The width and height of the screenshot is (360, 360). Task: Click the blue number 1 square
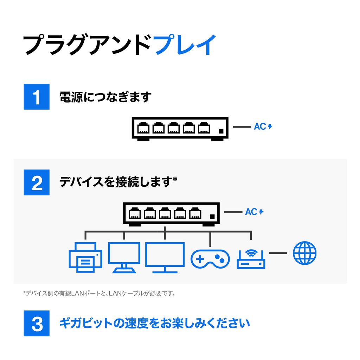[37, 97]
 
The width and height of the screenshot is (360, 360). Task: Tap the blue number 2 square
[37, 182]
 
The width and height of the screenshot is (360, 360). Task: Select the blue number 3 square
[37, 323]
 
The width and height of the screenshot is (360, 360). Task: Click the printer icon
[85, 258]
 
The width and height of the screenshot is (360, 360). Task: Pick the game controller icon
[210, 259]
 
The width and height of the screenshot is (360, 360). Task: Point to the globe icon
[304, 253]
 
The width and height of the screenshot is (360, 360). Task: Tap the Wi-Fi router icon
[251, 259]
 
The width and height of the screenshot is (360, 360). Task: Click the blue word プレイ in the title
[185, 45]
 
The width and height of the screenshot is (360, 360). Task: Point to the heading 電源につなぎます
[105, 97]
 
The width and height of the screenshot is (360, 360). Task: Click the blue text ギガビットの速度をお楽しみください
[154, 323]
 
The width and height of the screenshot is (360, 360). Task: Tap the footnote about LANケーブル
[99, 293]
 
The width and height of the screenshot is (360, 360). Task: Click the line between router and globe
[278, 253]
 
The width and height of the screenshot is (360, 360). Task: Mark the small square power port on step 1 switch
[221, 131]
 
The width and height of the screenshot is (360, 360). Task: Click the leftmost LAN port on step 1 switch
[143, 128]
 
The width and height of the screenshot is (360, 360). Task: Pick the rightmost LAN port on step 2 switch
[195, 213]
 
